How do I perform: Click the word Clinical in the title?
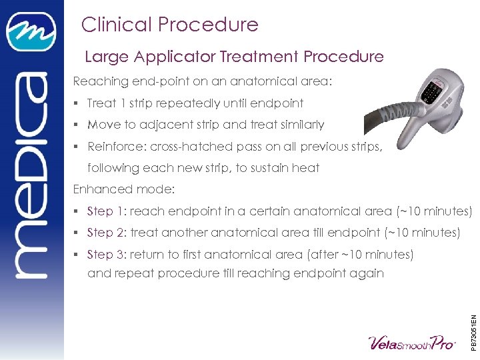(111, 25)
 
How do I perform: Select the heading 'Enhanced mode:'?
(123, 189)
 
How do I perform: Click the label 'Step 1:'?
(107, 211)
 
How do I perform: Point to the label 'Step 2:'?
(107, 233)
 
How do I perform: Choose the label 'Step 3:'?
(107, 254)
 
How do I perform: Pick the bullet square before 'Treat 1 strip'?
(78, 103)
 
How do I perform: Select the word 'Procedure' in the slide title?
(215, 25)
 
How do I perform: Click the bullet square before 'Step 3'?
(78, 255)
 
